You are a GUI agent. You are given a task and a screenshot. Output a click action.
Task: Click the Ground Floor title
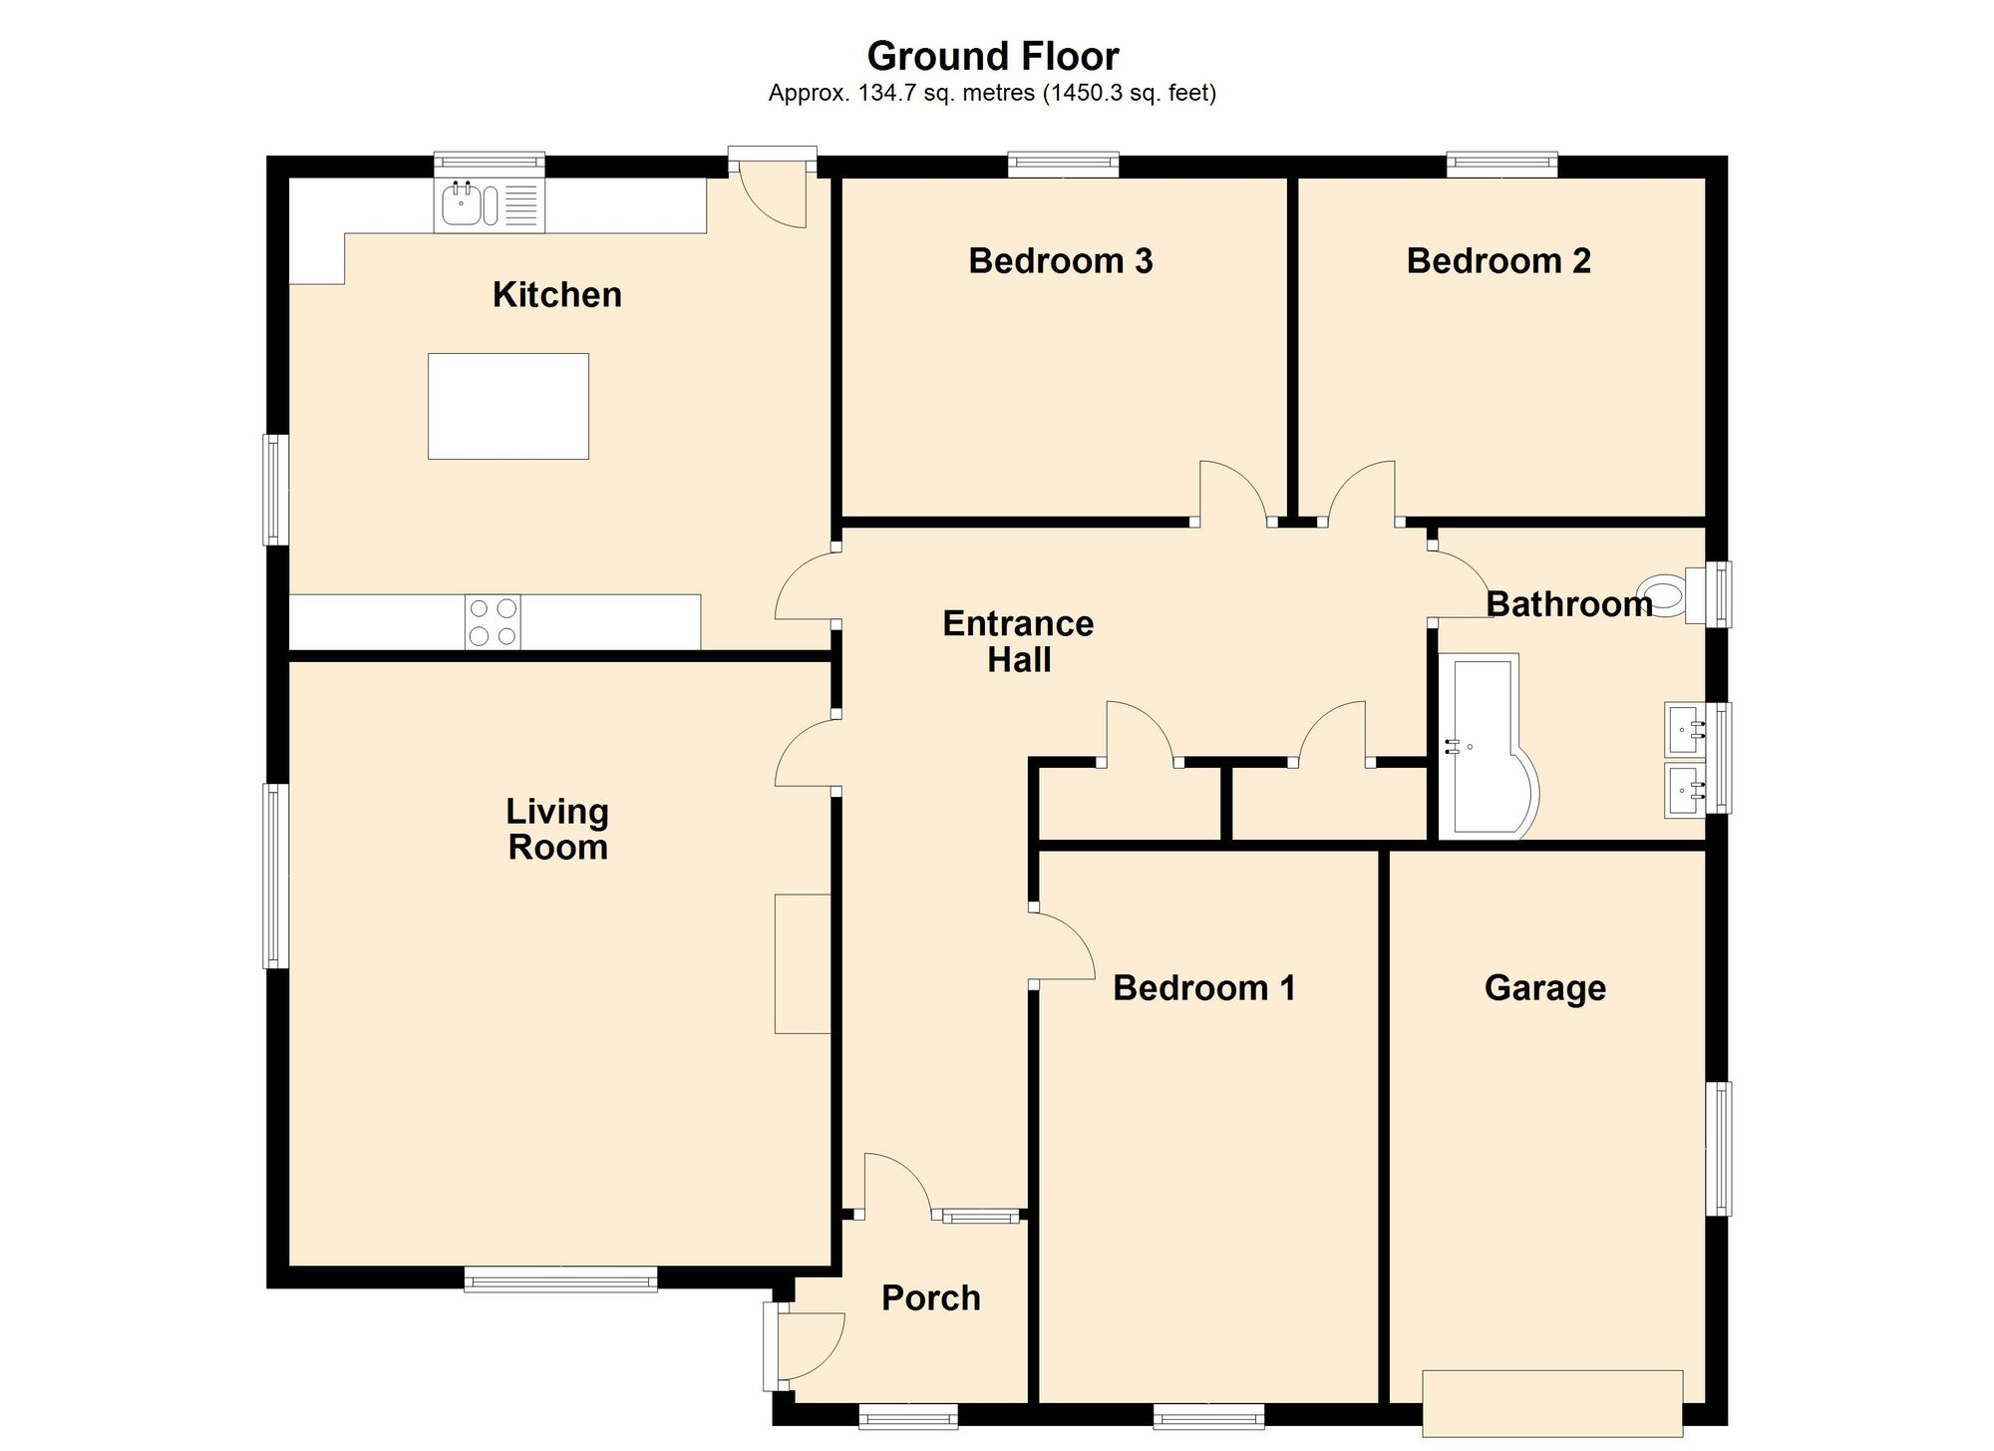(x=993, y=57)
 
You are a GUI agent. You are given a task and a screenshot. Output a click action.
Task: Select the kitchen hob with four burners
(x=494, y=621)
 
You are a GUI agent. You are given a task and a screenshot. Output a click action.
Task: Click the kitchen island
(x=508, y=406)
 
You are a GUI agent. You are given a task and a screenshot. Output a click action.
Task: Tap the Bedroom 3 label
(x=1061, y=261)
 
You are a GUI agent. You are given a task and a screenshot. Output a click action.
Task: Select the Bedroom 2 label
(x=1498, y=261)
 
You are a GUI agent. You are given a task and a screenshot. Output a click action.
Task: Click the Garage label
(x=1545, y=988)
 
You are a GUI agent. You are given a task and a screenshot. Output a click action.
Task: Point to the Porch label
(x=931, y=1298)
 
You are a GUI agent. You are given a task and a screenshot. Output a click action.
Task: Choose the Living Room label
(x=557, y=829)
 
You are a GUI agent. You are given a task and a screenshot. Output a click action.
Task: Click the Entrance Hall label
(x=1018, y=641)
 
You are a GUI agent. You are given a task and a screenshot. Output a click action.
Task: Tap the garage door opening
(x=1552, y=1403)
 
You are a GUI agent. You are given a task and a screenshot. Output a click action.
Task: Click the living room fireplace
(x=803, y=963)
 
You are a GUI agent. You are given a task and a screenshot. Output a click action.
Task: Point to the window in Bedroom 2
(x=1501, y=165)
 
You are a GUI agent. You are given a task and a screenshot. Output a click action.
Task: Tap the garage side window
(x=1718, y=1149)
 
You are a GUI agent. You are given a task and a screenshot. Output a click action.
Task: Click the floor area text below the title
(x=992, y=94)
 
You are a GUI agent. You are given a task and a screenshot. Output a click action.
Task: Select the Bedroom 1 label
(x=1204, y=988)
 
